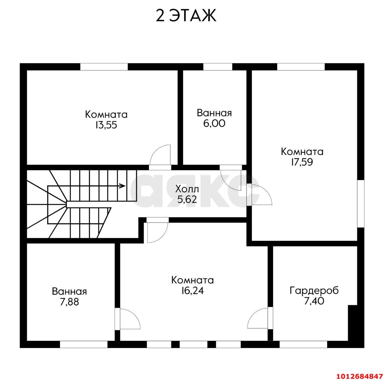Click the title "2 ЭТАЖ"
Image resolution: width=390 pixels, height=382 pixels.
coord(186,16)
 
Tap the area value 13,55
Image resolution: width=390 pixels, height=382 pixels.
coord(106,125)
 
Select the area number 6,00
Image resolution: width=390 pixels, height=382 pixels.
coord(214,123)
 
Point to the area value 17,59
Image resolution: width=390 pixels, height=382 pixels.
coord(302,162)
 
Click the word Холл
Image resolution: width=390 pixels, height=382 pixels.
coord(187,189)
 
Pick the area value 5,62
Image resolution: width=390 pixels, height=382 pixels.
coord(187,200)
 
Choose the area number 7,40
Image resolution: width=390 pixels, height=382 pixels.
coord(314,301)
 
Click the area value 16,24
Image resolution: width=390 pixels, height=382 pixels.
coord(193,291)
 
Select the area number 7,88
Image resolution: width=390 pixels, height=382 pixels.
coord(69,302)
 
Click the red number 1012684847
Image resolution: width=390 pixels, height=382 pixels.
coord(360,376)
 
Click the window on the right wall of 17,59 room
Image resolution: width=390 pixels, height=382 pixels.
coord(361,204)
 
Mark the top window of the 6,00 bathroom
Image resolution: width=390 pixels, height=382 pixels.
coord(218,67)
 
